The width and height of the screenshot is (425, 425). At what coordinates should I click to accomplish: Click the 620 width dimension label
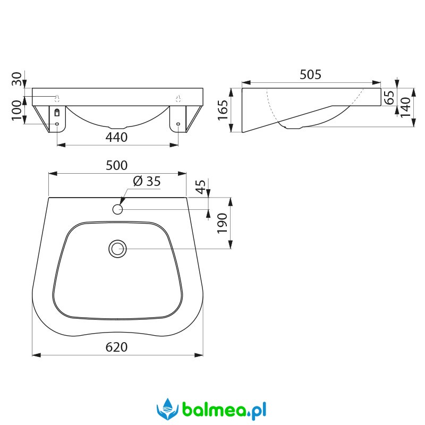click(116, 347)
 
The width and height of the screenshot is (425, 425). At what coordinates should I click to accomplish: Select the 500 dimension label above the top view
click(116, 165)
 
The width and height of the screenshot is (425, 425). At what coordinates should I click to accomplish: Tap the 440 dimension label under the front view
click(116, 138)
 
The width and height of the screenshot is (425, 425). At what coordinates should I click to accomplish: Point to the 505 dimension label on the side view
click(310, 74)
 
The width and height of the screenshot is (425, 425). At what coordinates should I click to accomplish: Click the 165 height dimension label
click(223, 110)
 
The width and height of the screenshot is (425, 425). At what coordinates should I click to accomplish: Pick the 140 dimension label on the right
click(405, 107)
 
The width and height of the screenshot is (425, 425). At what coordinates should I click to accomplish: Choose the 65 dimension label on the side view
click(389, 98)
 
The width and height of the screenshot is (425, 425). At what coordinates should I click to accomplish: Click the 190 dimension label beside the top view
click(222, 223)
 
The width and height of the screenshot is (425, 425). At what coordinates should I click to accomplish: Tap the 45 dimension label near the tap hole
click(201, 187)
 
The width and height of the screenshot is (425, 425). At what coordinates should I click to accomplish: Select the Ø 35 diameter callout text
click(147, 181)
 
